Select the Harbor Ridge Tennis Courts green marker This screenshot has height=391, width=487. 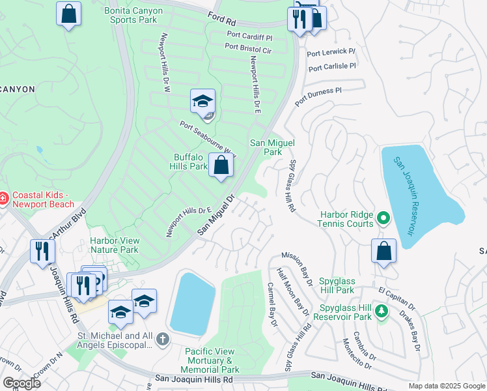tap(383, 218)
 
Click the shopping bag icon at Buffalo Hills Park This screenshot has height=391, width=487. tap(221, 166)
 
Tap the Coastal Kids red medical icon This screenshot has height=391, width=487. tap(4, 197)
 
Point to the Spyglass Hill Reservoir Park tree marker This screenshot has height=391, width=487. tap(383, 311)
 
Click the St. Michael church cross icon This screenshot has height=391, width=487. tap(162, 340)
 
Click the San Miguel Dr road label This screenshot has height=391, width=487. tap(216, 214)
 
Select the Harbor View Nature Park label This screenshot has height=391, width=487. tap(114, 244)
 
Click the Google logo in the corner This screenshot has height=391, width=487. tap(21, 383)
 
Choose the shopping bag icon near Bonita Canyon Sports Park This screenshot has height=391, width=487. tap(68, 14)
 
